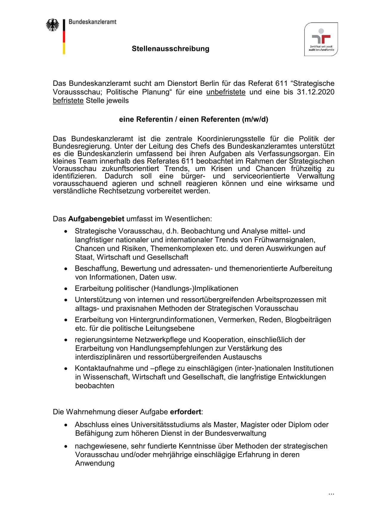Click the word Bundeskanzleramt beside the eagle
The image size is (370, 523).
click(x=92, y=22)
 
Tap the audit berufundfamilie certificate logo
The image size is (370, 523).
click(x=321, y=39)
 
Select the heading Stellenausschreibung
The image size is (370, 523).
click(x=171, y=49)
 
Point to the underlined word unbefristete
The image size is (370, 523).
click(x=226, y=92)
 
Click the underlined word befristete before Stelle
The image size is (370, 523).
click(x=68, y=100)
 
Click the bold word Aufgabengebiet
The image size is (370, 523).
click(x=96, y=219)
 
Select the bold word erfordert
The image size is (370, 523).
click(x=185, y=412)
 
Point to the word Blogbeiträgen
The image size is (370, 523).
click(x=308, y=320)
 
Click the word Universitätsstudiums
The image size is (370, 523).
click(x=162, y=425)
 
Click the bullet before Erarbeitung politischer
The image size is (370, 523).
click(x=66, y=289)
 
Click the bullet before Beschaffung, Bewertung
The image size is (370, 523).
click(x=66, y=269)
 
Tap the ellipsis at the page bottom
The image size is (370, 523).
click(x=331, y=494)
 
